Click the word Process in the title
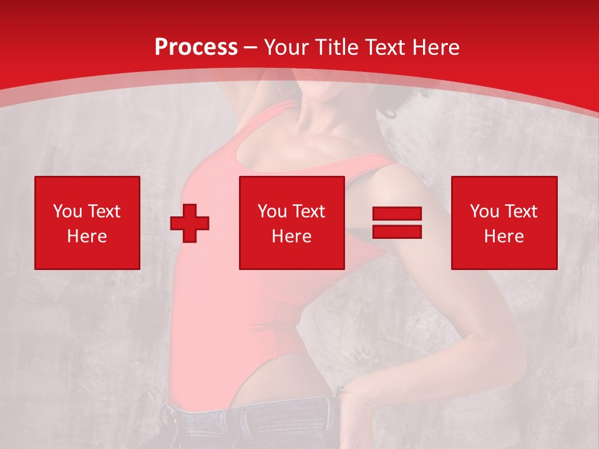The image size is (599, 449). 196,47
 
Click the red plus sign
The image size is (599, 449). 190,223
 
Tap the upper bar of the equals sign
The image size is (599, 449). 397,215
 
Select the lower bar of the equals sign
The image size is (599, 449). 397,231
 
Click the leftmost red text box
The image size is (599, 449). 87,223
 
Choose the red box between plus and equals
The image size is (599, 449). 291,223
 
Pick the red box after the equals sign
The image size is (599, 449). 504,223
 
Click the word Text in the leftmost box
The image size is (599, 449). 104,211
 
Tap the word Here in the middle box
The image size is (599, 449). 291,236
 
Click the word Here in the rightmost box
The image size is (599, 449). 504,236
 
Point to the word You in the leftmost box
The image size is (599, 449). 67,211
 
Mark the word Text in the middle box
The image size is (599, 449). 308,211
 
